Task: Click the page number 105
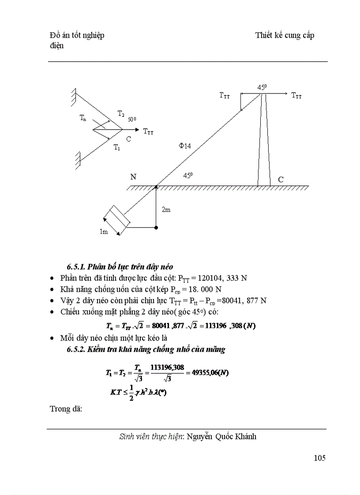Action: tap(319, 458)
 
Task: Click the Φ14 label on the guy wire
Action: tap(184, 146)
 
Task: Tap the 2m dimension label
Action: tap(166, 210)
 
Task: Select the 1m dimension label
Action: tap(103, 232)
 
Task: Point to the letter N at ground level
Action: tap(133, 177)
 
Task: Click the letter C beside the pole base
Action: tap(281, 179)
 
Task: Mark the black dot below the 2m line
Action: tap(156, 227)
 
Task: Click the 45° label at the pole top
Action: tap(262, 88)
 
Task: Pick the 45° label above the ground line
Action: tap(188, 175)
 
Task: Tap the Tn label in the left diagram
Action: tap(83, 117)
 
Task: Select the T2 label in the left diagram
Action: tap(120, 114)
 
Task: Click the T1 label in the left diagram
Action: tap(117, 147)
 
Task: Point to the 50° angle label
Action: tap(132, 119)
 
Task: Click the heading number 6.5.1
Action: tap(76, 267)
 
